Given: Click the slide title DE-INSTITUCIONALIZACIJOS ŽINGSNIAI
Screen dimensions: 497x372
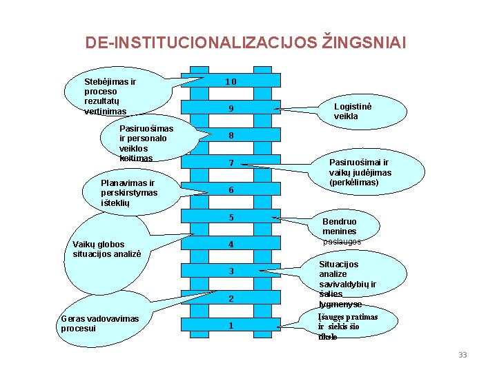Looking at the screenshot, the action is [x=246, y=43].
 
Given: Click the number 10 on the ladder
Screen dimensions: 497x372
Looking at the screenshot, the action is [x=231, y=82].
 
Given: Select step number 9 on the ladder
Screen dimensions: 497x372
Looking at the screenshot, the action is [x=231, y=109].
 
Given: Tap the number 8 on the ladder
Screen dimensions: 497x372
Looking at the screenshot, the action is [x=231, y=136].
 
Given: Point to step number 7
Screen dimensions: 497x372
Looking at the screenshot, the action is [x=231, y=163].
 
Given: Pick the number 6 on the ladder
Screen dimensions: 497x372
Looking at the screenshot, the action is [x=231, y=190].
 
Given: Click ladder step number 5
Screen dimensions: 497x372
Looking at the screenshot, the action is [x=231, y=218].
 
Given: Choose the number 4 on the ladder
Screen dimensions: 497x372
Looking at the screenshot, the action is [x=231, y=245].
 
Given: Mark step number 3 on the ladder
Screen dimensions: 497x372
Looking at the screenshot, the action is [x=231, y=271].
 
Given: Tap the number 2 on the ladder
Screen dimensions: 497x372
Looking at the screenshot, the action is [x=231, y=299].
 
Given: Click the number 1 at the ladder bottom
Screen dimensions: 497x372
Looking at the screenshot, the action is [x=231, y=325].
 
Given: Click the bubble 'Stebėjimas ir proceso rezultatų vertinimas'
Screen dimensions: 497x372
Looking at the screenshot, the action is [x=110, y=96].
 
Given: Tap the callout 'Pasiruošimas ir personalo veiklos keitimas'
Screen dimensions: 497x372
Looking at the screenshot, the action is [x=146, y=143].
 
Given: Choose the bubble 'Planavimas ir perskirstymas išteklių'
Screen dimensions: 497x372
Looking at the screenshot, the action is [x=128, y=193].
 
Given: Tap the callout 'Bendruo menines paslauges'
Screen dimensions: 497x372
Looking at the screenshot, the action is [x=341, y=231].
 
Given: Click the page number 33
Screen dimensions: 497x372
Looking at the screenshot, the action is [x=462, y=355].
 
